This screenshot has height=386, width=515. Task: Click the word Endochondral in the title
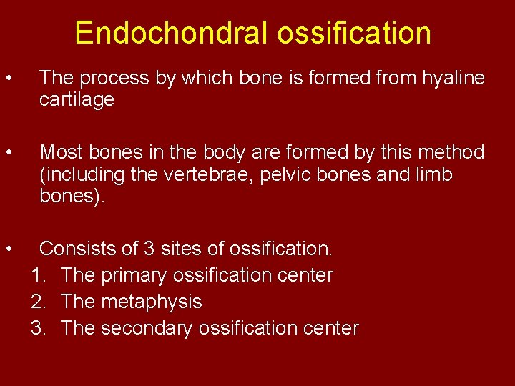[170, 34]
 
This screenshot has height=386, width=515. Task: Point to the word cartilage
[77, 99]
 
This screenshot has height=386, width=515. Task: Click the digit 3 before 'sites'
[149, 249]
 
